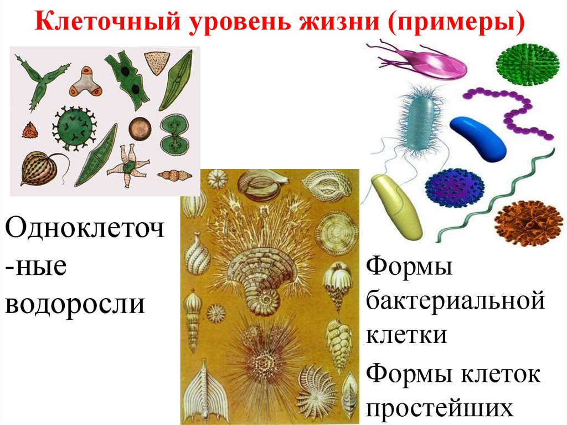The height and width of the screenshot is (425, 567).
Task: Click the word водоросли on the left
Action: tap(75, 303)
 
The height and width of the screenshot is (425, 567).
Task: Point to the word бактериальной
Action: tap(456, 303)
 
